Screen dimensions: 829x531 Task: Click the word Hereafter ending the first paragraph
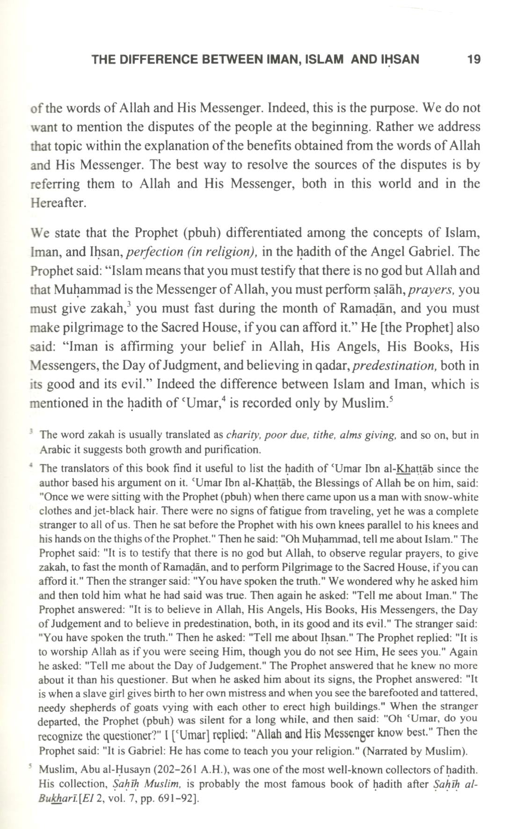(58, 203)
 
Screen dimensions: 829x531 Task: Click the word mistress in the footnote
(262, 693)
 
